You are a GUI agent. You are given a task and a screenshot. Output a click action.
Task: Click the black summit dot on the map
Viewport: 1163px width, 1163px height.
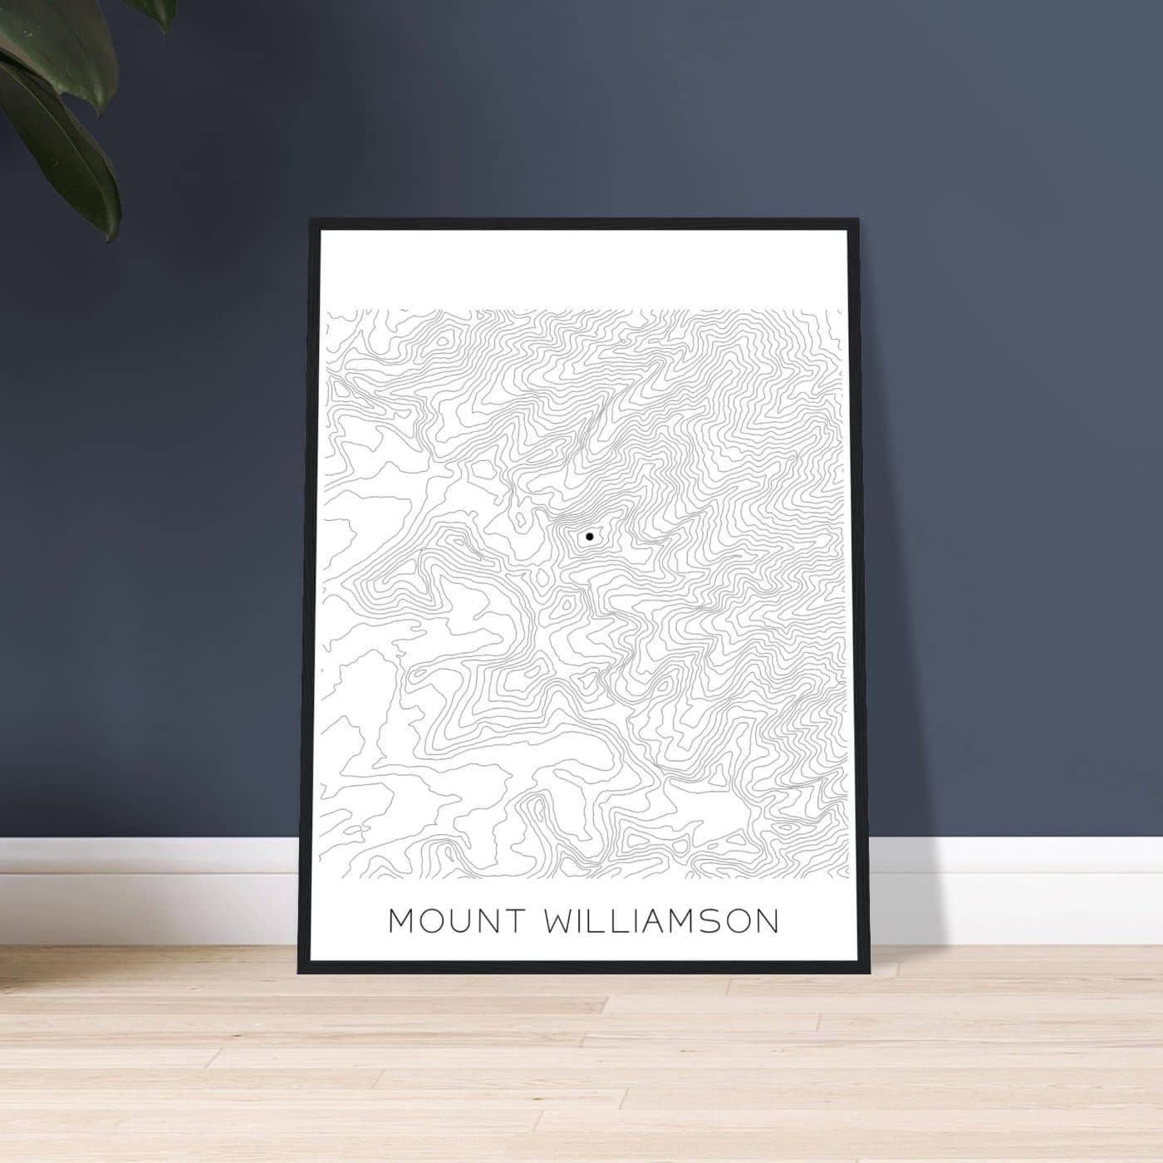pos(589,537)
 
